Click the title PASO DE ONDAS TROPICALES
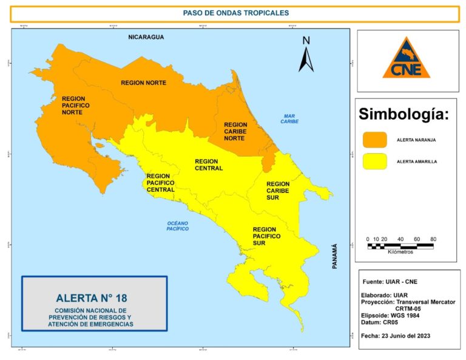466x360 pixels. tap(235, 13)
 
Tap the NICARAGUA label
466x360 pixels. tap(146, 38)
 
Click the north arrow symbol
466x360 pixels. tap(306, 55)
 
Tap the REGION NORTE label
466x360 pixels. tap(143, 83)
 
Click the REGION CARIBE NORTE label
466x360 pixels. tap(235, 131)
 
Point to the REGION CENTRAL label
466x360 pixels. tap(209, 165)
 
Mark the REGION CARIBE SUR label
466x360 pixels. tap(278, 191)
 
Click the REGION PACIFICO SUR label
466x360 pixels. tap(266, 236)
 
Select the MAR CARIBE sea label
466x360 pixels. tap(289, 118)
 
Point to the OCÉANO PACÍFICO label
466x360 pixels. tap(178, 226)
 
